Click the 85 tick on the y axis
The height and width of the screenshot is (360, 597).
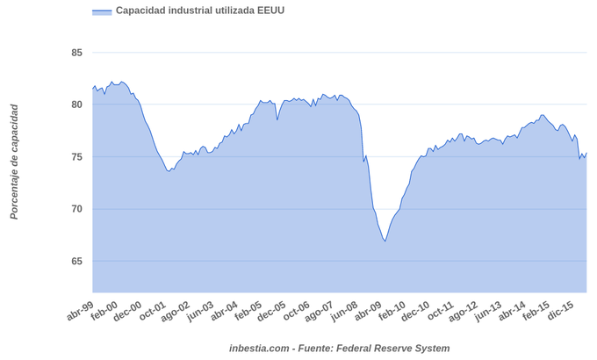click(76, 53)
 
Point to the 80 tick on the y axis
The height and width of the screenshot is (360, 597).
click(76, 104)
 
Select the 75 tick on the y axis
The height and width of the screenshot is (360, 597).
click(76, 157)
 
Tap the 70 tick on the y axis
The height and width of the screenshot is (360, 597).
click(76, 209)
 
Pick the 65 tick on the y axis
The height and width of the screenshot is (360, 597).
click(76, 261)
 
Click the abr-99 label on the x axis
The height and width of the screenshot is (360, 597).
click(80, 311)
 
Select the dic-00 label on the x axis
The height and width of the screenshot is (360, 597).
click(128, 311)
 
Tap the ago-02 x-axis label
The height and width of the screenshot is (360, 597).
click(176, 311)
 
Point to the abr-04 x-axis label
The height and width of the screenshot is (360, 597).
click(225, 311)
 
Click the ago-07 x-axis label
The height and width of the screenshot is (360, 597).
click(320, 311)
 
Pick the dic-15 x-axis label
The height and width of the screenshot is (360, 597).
click(561, 311)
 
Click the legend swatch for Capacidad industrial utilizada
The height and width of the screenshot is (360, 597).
click(102, 11)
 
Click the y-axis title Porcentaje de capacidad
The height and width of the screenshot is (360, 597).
click(14, 162)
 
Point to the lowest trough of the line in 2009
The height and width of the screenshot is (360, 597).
click(385, 241)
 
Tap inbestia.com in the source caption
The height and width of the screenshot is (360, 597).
click(259, 349)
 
